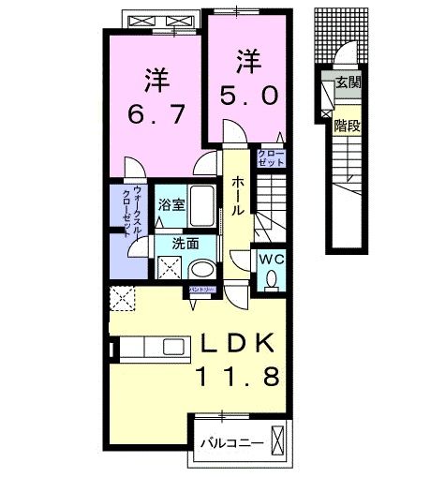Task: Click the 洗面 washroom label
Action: pos(185,244)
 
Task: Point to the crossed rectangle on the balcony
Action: pos(277,439)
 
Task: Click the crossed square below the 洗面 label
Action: pos(170,268)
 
